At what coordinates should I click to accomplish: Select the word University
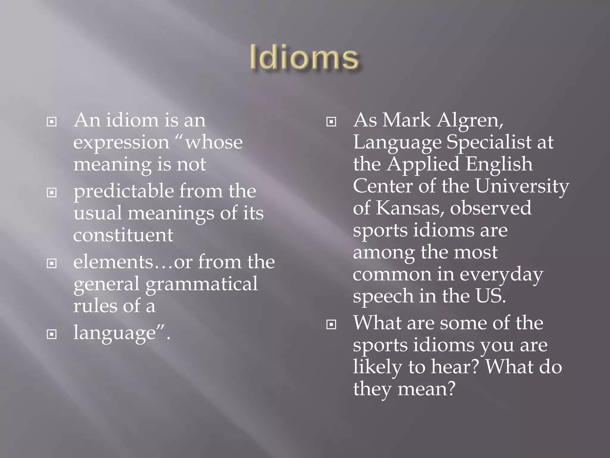click(x=522, y=187)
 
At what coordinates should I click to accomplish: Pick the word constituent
click(x=123, y=235)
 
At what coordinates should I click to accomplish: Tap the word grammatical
click(x=201, y=284)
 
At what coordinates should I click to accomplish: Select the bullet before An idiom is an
click(x=52, y=122)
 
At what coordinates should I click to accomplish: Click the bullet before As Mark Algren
click(x=331, y=122)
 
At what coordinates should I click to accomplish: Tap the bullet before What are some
click(x=331, y=324)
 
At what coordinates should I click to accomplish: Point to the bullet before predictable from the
click(x=52, y=193)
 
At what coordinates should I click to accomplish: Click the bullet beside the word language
click(x=52, y=335)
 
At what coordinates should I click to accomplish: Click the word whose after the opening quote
click(x=214, y=143)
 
